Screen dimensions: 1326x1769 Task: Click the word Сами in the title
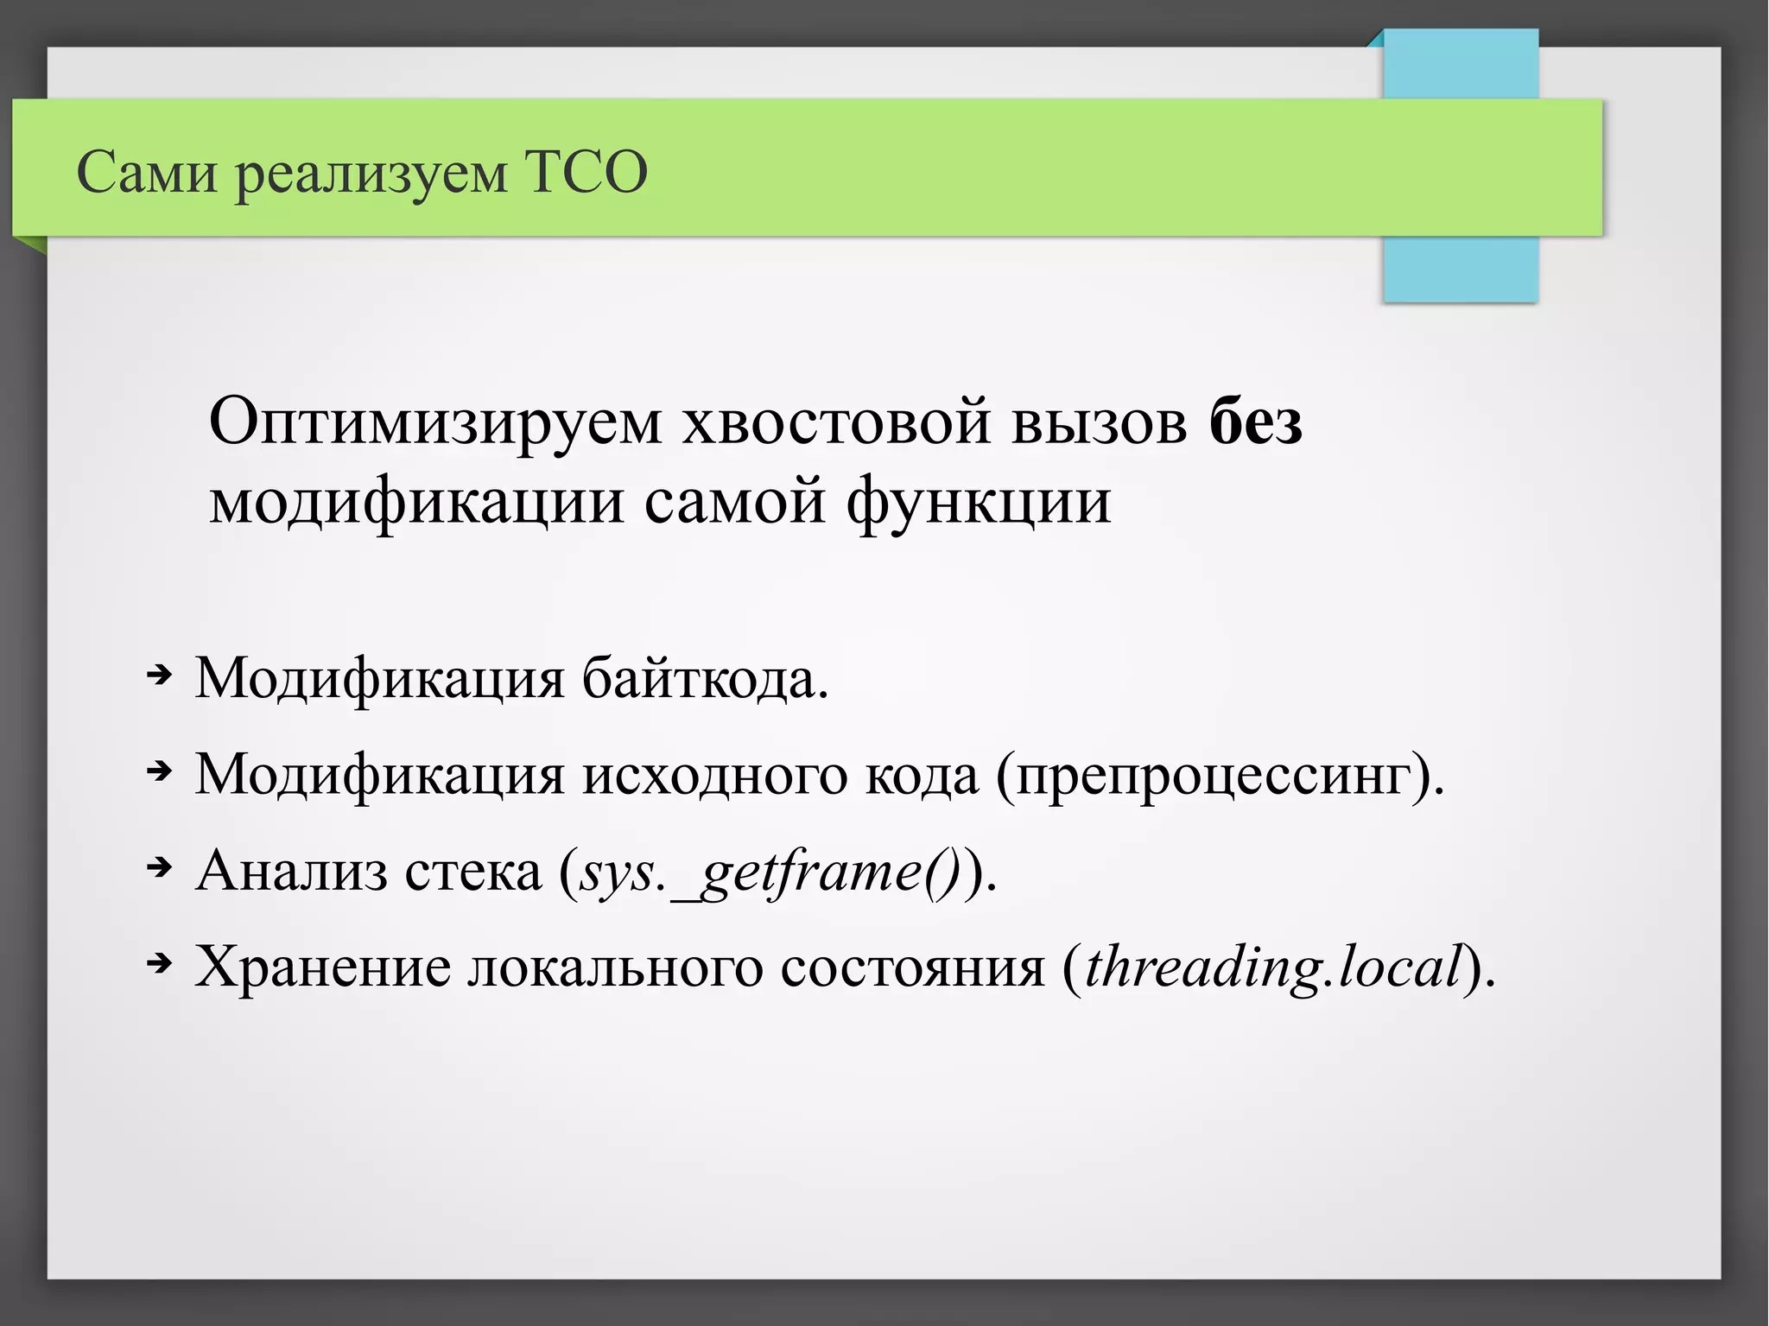(x=147, y=172)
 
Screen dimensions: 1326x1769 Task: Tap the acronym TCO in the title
(x=586, y=172)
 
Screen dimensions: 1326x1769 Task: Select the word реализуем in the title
(x=371, y=175)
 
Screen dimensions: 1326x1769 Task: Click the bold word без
(x=1255, y=422)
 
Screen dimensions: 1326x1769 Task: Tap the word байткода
(x=705, y=679)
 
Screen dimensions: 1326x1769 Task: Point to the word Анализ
(x=291, y=871)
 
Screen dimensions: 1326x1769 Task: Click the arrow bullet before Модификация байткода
(x=159, y=675)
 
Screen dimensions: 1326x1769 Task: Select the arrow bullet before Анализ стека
(x=159, y=866)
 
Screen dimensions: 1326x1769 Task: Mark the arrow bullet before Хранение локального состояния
(x=159, y=962)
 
